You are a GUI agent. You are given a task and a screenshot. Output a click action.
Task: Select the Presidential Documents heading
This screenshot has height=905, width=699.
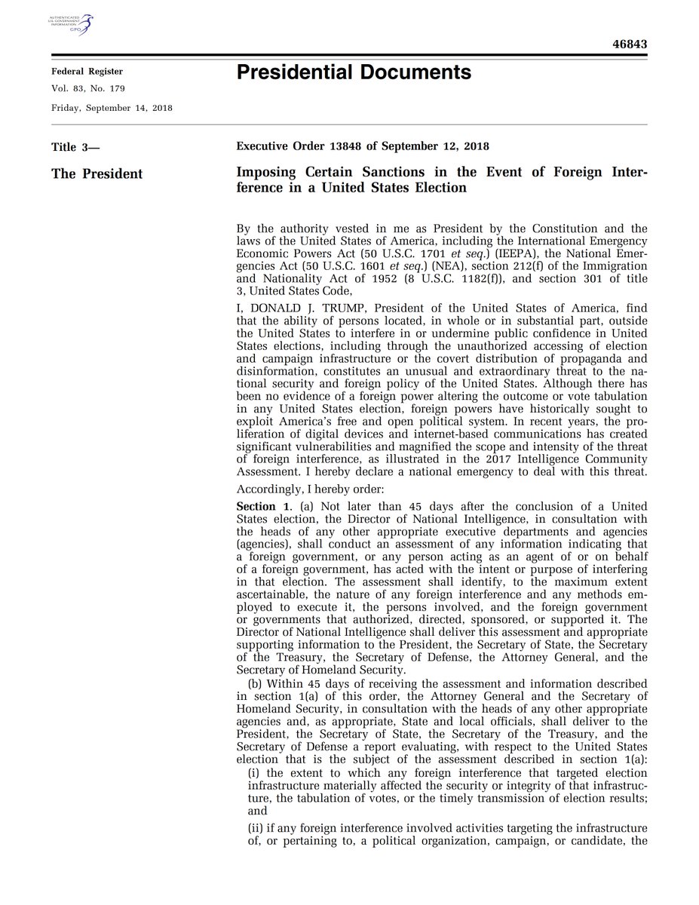click(354, 73)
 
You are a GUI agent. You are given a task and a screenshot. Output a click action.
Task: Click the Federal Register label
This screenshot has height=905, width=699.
click(87, 72)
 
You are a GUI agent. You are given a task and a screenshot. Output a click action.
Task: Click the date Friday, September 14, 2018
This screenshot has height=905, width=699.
click(112, 108)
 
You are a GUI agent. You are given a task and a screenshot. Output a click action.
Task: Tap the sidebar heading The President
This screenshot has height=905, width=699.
click(97, 174)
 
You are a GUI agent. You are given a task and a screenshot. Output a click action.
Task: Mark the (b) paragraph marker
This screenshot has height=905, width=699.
click(255, 684)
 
